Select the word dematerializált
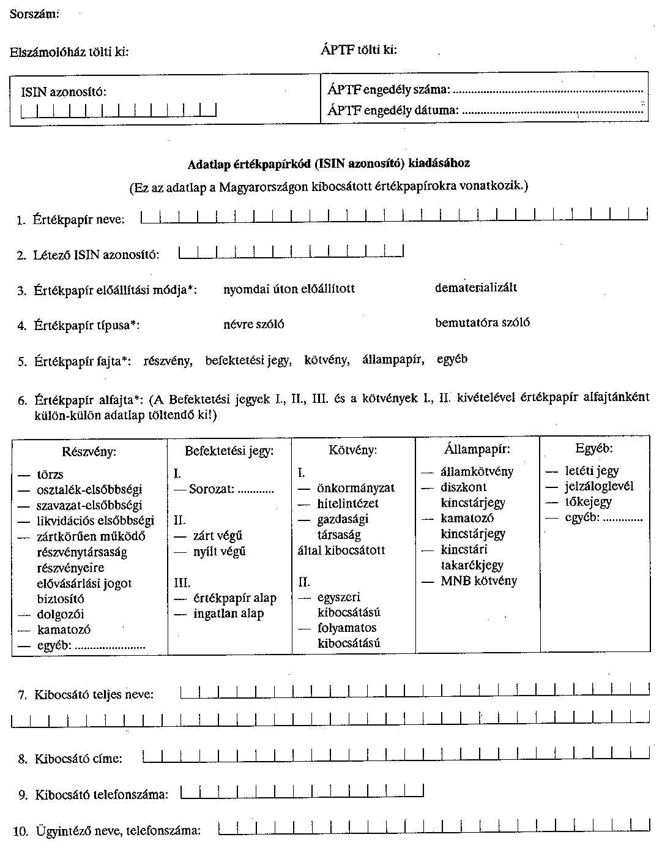[x=476, y=288]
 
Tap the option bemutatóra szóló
[x=482, y=323]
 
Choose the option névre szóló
[x=253, y=325]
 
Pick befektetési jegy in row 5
[x=248, y=361]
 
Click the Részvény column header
[x=89, y=452]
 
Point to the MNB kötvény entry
[x=478, y=581]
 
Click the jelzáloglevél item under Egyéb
[x=599, y=487]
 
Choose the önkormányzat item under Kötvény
[x=355, y=489]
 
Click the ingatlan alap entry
[x=228, y=614]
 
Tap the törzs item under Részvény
[x=50, y=475]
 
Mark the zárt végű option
[x=217, y=536]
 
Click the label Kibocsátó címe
[x=78, y=759]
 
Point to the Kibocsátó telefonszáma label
[x=101, y=795]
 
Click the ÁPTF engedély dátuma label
[x=393, y=111]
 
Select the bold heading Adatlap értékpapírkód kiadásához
[x=329, y=164]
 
